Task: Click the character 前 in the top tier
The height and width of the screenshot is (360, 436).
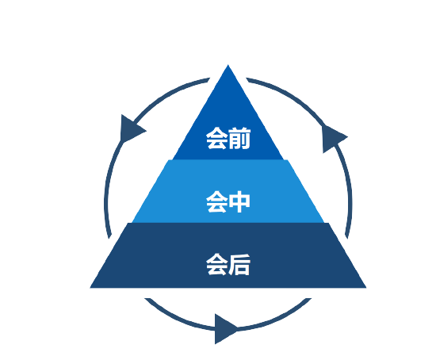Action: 239,138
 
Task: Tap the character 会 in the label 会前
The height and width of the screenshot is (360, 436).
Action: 217,138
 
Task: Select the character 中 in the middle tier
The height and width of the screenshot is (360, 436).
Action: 239,201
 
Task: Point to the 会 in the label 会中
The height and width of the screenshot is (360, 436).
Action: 217,201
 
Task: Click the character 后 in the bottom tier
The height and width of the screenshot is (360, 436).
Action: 239,265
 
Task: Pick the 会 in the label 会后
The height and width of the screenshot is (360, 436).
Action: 217,265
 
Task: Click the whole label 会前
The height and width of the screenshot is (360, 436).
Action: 228,138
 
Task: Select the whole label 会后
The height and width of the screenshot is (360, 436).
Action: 228,265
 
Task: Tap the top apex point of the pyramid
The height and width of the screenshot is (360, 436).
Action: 228,65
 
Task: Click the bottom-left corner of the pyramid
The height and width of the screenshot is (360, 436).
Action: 90,288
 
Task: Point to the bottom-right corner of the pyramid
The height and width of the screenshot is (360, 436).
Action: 366,288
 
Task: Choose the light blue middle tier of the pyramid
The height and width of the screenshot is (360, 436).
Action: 228,191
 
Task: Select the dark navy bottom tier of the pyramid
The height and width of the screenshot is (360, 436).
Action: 228,255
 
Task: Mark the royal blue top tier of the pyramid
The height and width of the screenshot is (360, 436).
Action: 228,117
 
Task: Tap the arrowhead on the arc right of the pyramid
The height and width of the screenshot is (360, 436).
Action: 333,139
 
